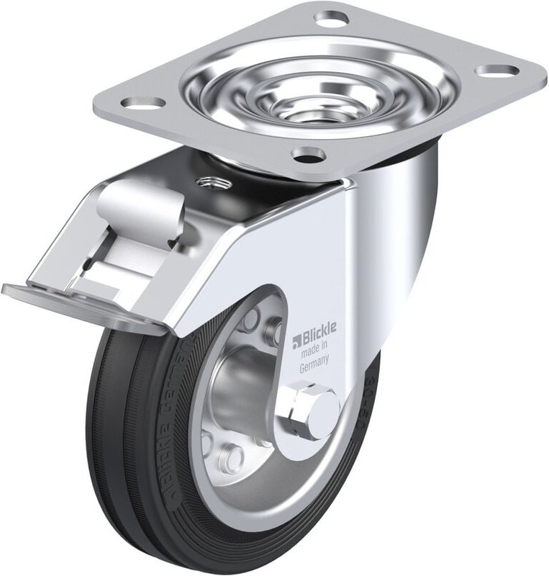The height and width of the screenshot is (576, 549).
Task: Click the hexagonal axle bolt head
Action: (314, 411)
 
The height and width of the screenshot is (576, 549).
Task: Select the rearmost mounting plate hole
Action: (331, 18)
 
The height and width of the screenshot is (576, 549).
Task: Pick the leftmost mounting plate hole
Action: (142, 102)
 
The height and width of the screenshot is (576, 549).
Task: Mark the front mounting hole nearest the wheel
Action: (308, 153)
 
